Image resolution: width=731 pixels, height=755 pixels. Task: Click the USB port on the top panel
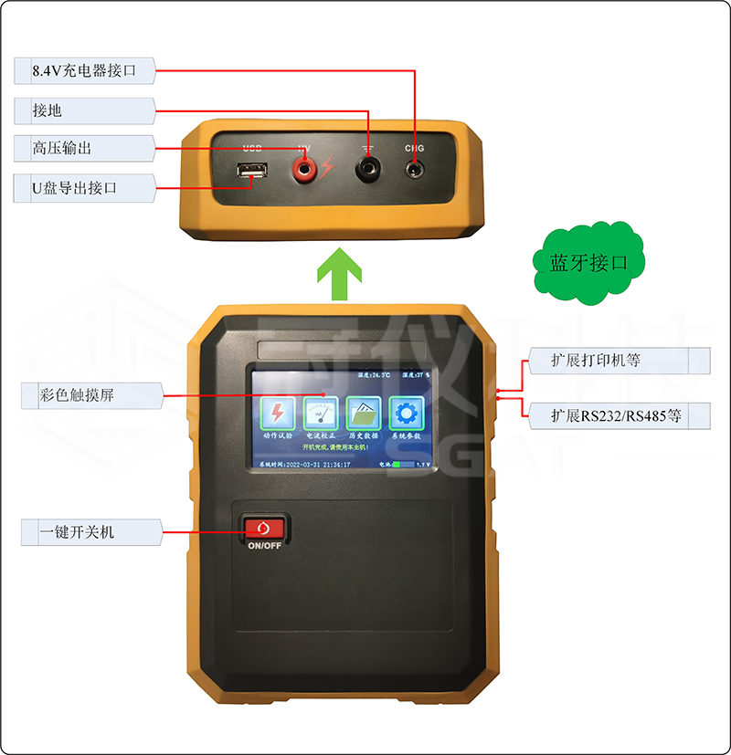pyautogui.click(x=252, y=171)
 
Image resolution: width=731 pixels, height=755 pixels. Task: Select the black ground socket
pyautogui.click(x=369, y=168)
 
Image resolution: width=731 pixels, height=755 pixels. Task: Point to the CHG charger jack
pyautogui.click(x=416, y=168)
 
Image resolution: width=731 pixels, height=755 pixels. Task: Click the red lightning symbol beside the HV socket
pyautogui.click(x=326, y=170)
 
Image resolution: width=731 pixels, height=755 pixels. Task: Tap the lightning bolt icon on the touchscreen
pyautogui.click(x=277, y=413)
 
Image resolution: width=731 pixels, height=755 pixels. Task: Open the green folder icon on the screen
pyautogui.click(x=364, y=413)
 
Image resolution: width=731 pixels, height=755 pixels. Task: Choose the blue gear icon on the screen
pyautogui.click(x=406, y=413)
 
